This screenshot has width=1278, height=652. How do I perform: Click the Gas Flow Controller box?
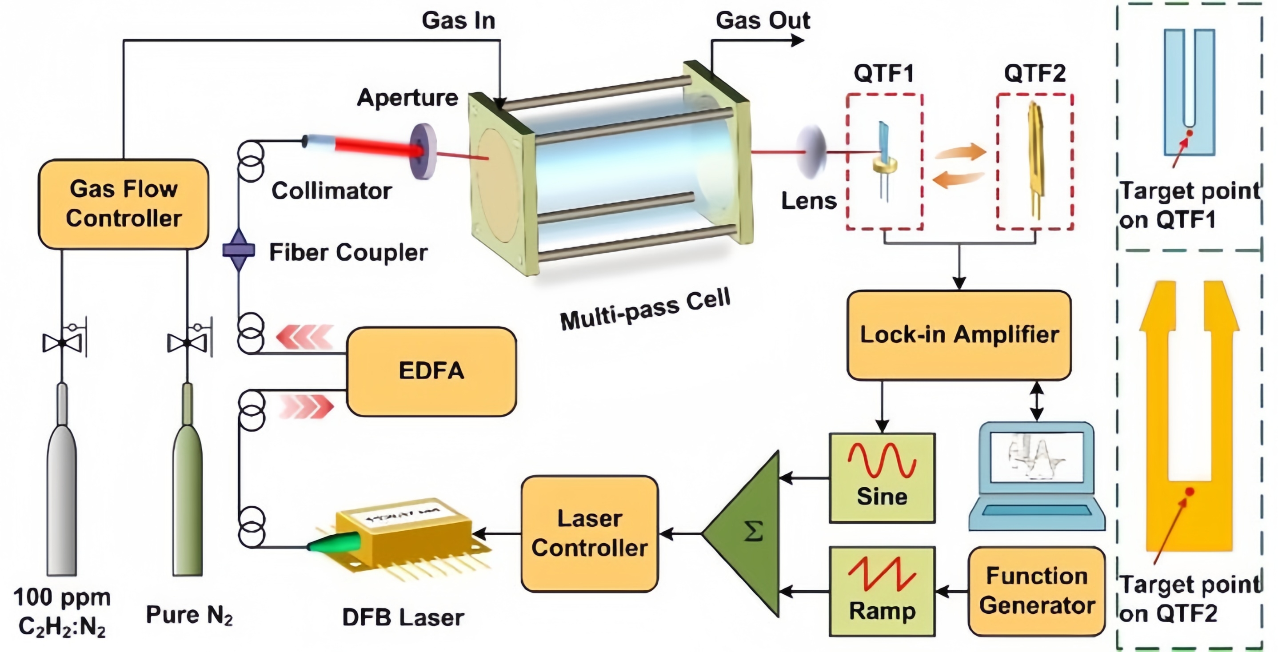point(124,204)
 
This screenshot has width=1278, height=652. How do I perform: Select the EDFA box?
point(431,371)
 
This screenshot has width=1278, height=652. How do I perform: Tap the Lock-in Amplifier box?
point(959,335)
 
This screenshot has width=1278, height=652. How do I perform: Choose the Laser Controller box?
point(590,533)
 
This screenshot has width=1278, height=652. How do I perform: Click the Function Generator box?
point(1037,591)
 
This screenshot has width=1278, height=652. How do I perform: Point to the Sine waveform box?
point(882,478)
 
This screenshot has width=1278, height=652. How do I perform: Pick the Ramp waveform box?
point(882,592)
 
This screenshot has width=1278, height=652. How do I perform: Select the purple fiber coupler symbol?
point(239,250)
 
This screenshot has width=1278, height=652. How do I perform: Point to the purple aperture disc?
point(423,151)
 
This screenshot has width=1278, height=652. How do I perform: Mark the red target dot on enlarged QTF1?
point(1189,133)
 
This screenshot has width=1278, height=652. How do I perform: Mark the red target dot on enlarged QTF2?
point(1189,492)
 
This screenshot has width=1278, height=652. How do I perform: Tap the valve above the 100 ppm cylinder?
point(63,342)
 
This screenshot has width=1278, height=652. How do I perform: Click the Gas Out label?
point(763,20)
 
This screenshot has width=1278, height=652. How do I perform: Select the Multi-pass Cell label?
point(645,310)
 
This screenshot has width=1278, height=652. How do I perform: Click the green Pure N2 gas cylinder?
point(188,479)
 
